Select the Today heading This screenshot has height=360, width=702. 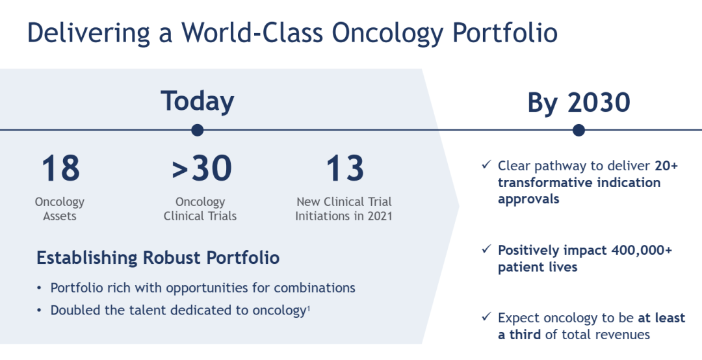(x=198, y=101)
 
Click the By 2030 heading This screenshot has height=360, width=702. (x=579, y=103)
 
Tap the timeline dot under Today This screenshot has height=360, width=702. (x=198, y=131)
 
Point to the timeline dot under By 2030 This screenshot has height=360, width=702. (x=579, y=131)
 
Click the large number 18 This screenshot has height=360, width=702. (x=60, y=168)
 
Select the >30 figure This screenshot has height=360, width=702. (x=202, y=168)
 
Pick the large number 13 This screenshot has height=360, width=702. (x=344, y=168)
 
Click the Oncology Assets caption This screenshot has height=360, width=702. (x=60, y=209)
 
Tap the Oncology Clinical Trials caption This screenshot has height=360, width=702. (x=200, y=209)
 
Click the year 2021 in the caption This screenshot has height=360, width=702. (x=380, y=216)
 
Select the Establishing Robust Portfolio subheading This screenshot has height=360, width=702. (x=158, y=258)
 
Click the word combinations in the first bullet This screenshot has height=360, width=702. (x=315, y=287)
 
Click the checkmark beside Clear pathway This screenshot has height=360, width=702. (x=487, y=165)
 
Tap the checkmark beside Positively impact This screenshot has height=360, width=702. (x=487, y=249)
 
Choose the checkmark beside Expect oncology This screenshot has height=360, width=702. (x=487, y=316)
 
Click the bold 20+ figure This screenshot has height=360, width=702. (x=666, y=166)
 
